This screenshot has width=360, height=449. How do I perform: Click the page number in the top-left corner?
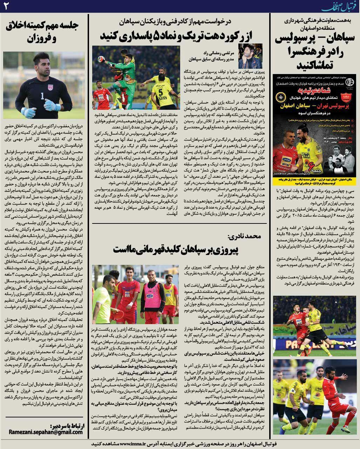[x=6, y=5]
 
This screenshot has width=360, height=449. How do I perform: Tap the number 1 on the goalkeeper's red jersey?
[x=42, y=96]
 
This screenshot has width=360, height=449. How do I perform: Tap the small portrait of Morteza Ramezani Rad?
[x=250, y=56]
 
